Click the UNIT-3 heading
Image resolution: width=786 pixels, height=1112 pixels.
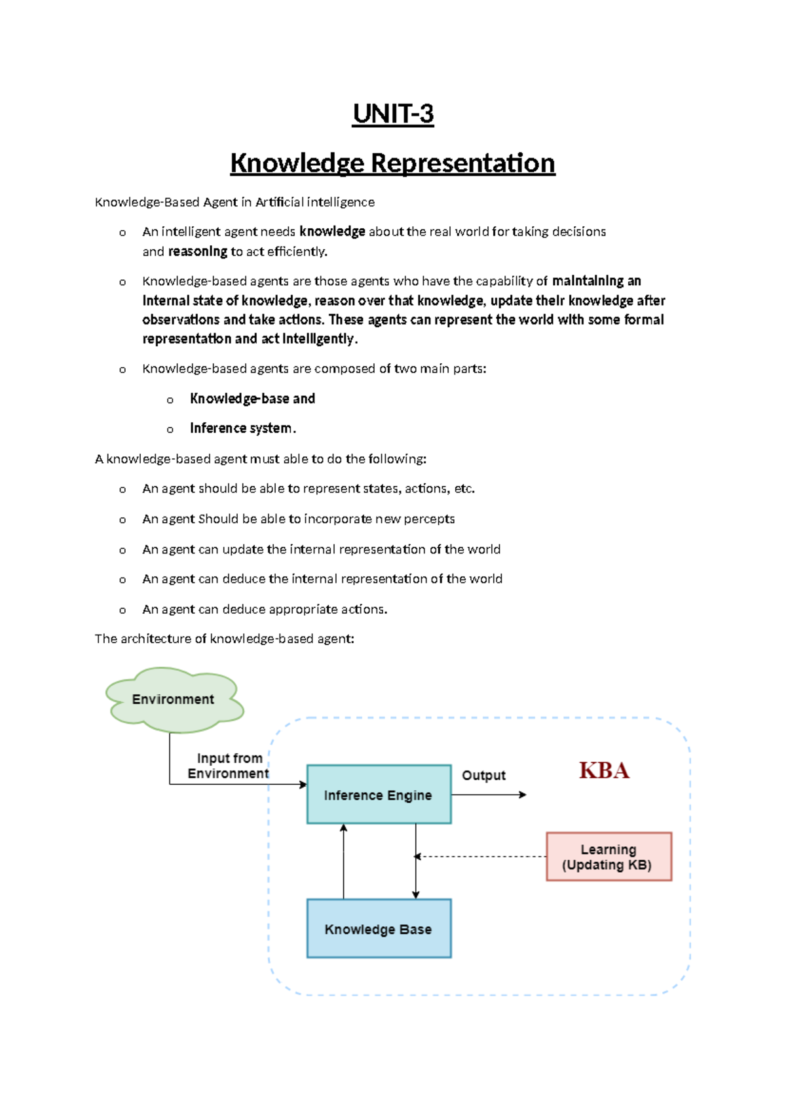[393, 114]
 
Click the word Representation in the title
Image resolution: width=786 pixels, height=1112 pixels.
[463, 163]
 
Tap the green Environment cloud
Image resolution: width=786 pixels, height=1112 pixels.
[174, 700]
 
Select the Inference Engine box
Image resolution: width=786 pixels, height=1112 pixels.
[379, 795]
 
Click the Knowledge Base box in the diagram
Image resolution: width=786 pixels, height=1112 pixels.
[379, 928]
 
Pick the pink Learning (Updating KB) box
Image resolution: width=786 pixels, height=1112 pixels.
[608, 856]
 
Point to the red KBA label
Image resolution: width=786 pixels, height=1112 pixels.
[604, 770]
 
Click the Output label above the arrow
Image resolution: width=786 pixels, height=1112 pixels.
[483, 776]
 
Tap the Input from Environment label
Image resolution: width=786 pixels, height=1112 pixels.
[229, 766]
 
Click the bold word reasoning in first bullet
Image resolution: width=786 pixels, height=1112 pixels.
[197, 252]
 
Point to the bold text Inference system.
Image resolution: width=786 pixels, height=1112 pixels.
[242, 428]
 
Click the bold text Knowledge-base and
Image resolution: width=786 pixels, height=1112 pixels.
[252, 399]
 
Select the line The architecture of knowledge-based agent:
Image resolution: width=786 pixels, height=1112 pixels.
[224, 639]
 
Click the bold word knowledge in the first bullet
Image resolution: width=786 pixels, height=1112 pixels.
[332, 231]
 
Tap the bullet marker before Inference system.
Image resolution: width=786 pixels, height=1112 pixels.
[170, 429]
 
